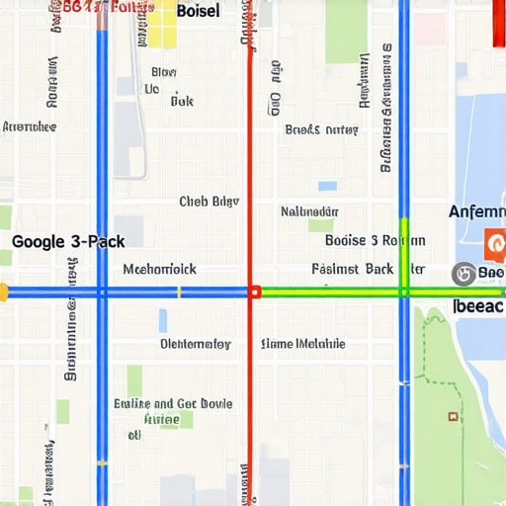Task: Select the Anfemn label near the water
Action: click(x=476, y=211)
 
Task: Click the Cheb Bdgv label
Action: click(x=209, y=202)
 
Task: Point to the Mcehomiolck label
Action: click(x=159, y=269)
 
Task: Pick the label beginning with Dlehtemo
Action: click(x=195, y=344)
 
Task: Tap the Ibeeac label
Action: click(x=478, y=306)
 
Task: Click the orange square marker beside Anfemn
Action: click(x=495, y=241)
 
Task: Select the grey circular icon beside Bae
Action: click(x=462, y=273)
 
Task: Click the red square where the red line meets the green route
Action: click(x=254, y=292)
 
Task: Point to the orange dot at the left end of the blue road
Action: click(x=3, y=292)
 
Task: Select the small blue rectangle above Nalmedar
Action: click(x=327, y=186)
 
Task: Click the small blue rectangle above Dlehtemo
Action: click(x=163, y=320)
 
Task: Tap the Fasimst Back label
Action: click(x=352, y=269)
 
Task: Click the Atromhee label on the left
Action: click(x=29, y=127)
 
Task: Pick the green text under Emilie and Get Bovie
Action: click(x=161, y=419)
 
